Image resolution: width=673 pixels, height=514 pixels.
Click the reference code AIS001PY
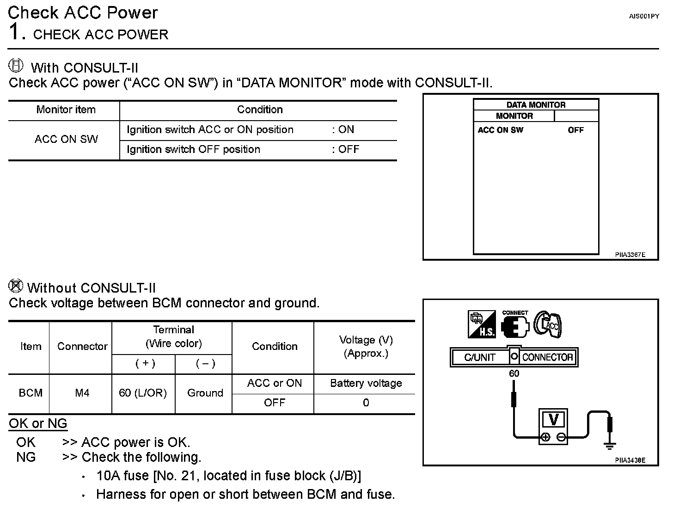[x=644, y=16]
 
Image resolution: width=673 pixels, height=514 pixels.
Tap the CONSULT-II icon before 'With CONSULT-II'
[x=16, y=66]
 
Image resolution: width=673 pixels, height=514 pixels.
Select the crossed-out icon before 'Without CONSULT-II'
[x=16, y=286]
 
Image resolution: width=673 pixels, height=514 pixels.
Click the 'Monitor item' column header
[x=66, y=110]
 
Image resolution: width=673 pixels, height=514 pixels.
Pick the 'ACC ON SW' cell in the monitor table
[x=66, y=139]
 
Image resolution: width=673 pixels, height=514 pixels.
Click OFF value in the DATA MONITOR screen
[x=575, y=130]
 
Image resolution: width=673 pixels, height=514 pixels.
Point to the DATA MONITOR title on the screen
[x=536, y=105]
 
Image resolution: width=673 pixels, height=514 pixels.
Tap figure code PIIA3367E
[x=630, y=255]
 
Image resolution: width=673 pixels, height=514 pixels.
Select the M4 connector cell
[x=82, y=393]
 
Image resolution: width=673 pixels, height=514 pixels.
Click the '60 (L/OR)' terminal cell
[x=143, y=393]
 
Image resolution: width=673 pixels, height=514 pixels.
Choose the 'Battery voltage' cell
[x=366, y=384]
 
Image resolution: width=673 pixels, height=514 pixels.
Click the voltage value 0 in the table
[x=366, y=403]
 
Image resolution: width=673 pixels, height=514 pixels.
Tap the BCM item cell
[x=31, y=393]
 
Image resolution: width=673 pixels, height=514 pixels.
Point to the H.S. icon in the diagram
[x=482, y=324]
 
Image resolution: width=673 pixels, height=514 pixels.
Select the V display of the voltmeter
[x=553, y=420]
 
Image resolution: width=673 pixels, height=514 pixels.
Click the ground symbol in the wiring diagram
[x=610, y=445]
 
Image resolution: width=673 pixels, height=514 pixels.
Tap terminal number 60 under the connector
[x=514, y=374]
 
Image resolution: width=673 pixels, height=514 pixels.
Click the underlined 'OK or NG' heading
[x=38, y=424]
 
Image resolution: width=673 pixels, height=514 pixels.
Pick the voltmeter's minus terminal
[x=561, y=437]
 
